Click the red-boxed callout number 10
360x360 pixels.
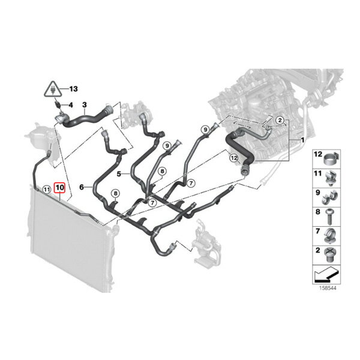[x=59, y=188]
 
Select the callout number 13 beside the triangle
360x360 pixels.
[x=73, y=89]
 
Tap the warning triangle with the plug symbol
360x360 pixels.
[x=53, y=89]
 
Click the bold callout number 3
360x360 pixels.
[x=85, y=105]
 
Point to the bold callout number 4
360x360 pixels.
[x=71, y=105]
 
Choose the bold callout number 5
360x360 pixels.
[x=119, y=174]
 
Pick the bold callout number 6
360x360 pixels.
[x=82, y=187]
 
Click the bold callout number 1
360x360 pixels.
[x=302, y=140]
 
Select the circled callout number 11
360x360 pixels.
[x=47, y=190]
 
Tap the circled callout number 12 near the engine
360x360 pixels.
[x=234, y=158]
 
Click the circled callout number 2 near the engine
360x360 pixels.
[x=280, y=120]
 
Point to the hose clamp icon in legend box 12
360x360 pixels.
[x=331, y=158]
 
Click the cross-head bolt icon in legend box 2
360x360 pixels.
[x=329, y=255]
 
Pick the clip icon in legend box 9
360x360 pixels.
[x=329, y=198]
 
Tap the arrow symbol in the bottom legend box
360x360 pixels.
[x=326, y=274]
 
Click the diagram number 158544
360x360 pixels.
[x=328, y=287]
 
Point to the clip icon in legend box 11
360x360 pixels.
[x=331, y=178]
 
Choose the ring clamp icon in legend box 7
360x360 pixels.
[x=330, y=236]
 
